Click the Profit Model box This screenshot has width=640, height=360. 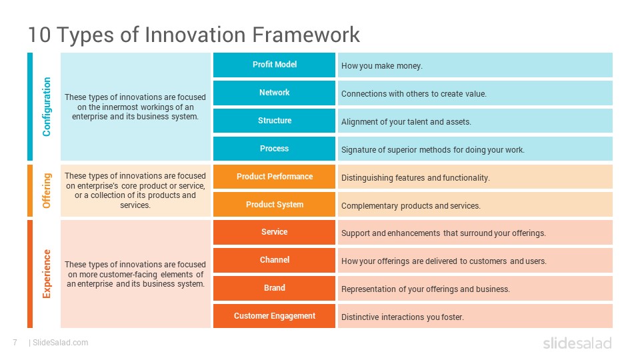click(274, 65)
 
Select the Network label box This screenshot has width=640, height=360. click(274, 93)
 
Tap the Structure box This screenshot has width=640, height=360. click(274, 121)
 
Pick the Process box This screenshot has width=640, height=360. click(274, 149)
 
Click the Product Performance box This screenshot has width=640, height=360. click(274, 177)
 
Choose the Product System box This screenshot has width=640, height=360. click(274, 205)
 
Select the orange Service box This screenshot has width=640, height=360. click(274, 232)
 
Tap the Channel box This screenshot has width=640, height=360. click(274, 260)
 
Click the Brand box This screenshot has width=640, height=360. click(274, 288)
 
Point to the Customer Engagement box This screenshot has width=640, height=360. click(274, 316)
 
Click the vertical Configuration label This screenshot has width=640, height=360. click(46, 107)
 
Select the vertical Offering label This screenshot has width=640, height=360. click(46, 191)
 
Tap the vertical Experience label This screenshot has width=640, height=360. click(46, 273)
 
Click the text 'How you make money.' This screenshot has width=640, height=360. click(382, 66)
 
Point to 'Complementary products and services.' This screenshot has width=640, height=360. click(411, 206)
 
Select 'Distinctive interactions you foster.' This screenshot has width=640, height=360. click(402, 317)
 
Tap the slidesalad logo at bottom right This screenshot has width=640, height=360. click(577, 343)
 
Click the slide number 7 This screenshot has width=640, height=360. click(15, 343)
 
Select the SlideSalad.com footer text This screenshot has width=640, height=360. click(60, 343)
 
